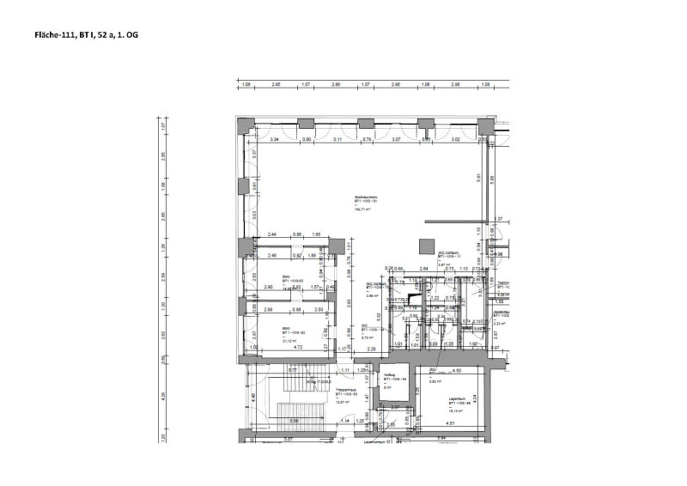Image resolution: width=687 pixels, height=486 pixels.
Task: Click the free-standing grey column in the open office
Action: tap(425, 245)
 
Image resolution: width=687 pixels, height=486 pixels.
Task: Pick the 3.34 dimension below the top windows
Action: tap(276, 139)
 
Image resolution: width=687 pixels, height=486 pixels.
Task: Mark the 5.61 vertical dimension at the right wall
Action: tap(478, 178)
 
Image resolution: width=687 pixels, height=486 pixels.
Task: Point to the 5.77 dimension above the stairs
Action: tap(293, 370)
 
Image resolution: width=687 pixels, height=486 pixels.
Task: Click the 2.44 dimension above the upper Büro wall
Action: tap(271, 234)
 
